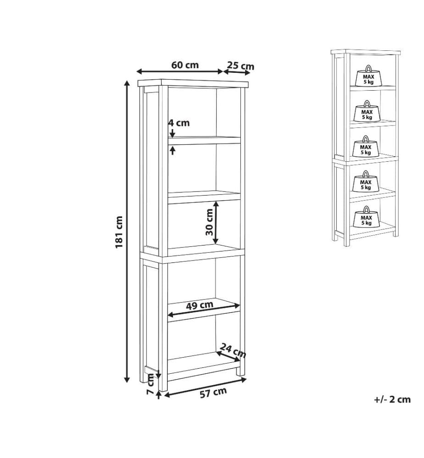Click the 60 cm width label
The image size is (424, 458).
point(185,65)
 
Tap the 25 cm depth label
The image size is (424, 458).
point(241,65)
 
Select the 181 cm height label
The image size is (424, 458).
point(119,232)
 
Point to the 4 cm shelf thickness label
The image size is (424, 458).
point(179,123)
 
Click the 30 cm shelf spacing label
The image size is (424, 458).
point(210,222)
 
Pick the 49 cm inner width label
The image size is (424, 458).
point(200,305)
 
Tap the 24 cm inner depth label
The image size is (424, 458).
point(233,350)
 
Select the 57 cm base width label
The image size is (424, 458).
point(213,393)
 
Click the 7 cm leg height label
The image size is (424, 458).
point(151,384)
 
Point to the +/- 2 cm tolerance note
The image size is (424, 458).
point(392,399)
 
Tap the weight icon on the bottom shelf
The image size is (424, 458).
point(366,217)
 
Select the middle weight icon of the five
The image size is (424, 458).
point(365,147)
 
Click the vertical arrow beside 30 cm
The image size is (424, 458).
point(216,222)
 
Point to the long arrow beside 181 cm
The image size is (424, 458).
point(127,231)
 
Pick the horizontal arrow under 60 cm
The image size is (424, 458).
point(180,71)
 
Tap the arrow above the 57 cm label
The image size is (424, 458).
point(206,387)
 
